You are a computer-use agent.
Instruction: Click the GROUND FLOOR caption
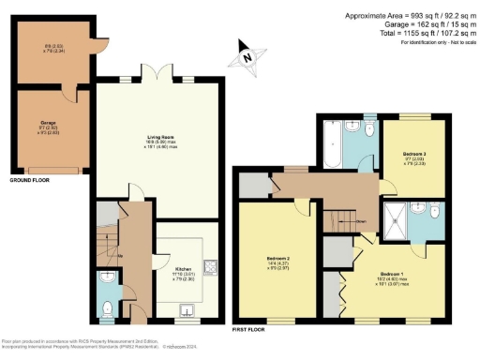pos(29,179)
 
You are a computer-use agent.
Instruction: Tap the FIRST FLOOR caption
pos(251,330)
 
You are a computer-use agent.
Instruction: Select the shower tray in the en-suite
pos(399,217)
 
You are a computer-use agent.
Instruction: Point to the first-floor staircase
pos(347,221)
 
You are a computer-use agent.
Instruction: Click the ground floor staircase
pos(108,245)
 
